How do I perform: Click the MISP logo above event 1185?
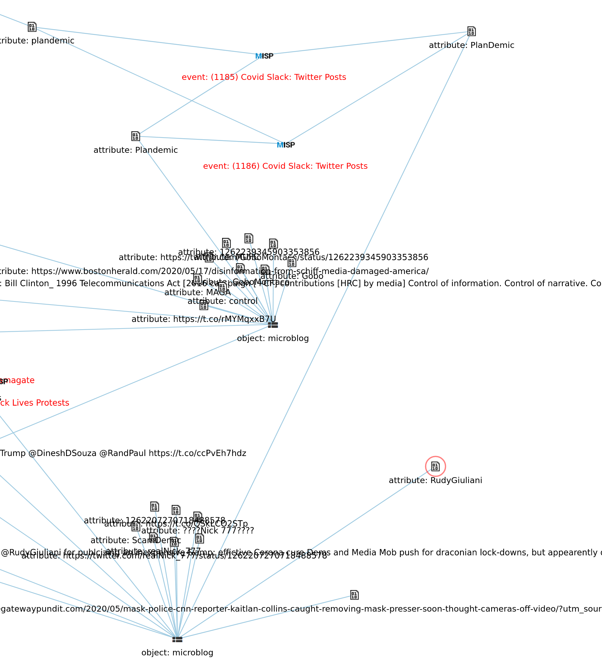(x=264, y=56)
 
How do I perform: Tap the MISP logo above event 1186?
(x=286, y=145)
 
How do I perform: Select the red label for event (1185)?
(x=264, y=77)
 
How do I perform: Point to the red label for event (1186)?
(x=285, y=166)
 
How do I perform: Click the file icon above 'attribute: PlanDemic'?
(x=471, y=31)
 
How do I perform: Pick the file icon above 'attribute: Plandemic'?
(x=136, y=136)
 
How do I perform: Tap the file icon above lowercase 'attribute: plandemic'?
(x=32, y=27)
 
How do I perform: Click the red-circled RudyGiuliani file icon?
(x=435, y=466)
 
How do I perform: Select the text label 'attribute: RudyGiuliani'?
(x=435, y=480)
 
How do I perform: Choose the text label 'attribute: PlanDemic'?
(x=471, y=45)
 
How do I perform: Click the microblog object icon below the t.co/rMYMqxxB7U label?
(x=273, y=325)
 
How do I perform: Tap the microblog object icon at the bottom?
(x=177, y=639)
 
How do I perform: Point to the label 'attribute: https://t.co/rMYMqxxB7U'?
(x=204, y=319)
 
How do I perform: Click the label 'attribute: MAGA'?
(x=197, y=292)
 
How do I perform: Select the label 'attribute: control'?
(x=222, y=301)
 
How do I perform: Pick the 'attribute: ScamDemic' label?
(x=136, y=540)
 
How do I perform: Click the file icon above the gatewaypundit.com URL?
(x=354, y=595)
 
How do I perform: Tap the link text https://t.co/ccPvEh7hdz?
(x=197, y=453)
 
